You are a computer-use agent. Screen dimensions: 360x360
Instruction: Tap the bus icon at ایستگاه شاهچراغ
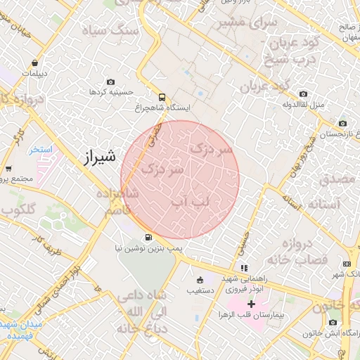click(162, 97)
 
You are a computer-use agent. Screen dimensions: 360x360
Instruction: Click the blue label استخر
click(41, 149)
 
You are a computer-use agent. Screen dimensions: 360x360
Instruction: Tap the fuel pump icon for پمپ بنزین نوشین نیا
click(148, 237)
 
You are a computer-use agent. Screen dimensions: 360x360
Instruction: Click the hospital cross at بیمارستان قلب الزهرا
click(251, 304)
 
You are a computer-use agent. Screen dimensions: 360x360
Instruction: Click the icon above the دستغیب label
click(200, 279)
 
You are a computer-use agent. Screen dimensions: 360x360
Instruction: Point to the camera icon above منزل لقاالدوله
click(303, 94)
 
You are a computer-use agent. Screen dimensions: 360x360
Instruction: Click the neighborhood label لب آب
click(191, 202)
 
